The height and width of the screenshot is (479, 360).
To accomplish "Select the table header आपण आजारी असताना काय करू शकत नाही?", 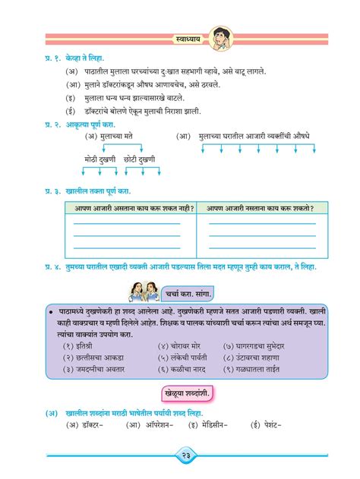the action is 130,208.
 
